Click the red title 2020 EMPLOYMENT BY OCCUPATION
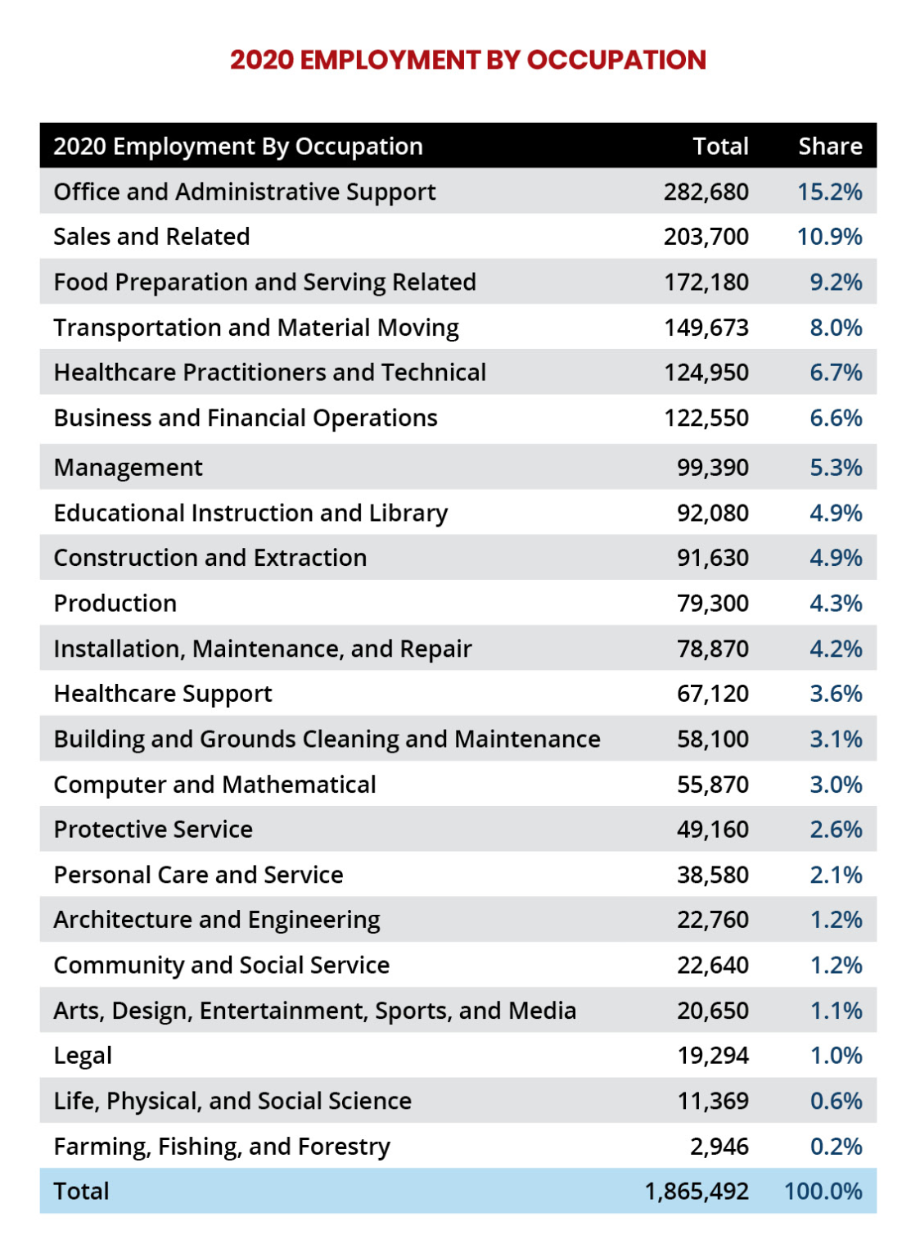[x=467, y=60]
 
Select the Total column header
[x=719, y=147]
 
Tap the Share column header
[x=829, y=147]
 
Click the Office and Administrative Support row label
[x=244, y=192]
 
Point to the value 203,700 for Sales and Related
[x=706, y=237]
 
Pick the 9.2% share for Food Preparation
[x=836, y=283]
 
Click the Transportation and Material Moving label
[x=255, y=328]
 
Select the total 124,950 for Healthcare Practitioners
[x=706, y=373]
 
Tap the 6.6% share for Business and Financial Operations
[x=836, y=418]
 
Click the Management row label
[x=128, y=468]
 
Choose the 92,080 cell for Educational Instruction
[x=712, y=514]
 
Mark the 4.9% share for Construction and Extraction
[x=836, y=558]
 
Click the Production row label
[x=115, y=604]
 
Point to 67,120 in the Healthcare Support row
[x=712, y=694]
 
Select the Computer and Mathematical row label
[x=214, y=785]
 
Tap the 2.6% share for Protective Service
[x=836, y=830]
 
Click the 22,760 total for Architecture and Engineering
[x=712, y=920]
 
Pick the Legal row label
[x=83, y=1056]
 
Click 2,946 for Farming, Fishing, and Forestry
[x=719, y=1147]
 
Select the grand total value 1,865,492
[x=696, y=1192]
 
